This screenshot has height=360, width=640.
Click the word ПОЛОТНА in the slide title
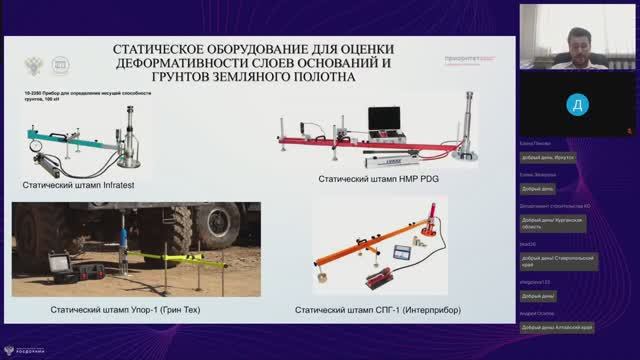click(x=319, y=76)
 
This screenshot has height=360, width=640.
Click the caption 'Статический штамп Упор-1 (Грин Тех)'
click(x=126, y=311)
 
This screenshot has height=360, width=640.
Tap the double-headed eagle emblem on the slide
click(x=36, y=65)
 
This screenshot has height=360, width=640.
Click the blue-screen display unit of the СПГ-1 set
click(x=403, y=253)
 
